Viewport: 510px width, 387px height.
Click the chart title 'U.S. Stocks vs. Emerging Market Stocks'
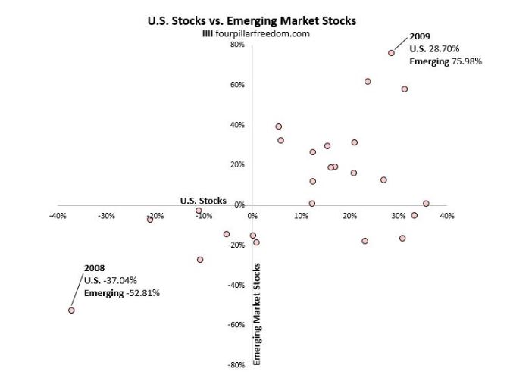(251, 21)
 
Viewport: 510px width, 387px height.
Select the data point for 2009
(391, 52)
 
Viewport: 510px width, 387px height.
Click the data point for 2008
(71, 310)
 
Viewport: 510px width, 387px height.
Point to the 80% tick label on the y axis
(237, 45)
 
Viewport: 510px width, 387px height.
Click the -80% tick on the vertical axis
(236, 365)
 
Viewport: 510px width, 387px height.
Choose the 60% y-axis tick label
(237, 85)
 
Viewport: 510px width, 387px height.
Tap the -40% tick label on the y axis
(236, 285)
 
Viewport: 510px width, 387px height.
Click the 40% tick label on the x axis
(447, 216)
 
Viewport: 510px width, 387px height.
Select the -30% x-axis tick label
(106, 216)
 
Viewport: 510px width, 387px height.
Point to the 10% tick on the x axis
(302, 216)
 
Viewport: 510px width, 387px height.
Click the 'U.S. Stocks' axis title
(202, 201)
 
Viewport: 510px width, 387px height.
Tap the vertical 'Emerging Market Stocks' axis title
(257, 314)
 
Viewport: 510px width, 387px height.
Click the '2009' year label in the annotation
(421, 36)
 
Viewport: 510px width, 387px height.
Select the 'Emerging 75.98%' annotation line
(446, 61)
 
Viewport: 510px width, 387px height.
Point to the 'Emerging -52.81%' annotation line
(121, 293)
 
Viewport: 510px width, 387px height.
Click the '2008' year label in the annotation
(94, 268)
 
